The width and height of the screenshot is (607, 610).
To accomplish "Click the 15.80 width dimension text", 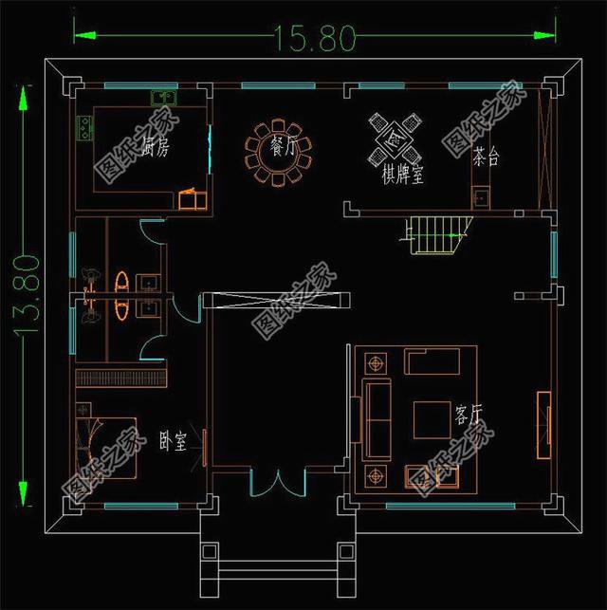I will point(314,38).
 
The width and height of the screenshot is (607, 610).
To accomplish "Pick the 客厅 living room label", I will point(469,415).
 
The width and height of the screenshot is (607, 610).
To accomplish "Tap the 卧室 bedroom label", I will point(172,441).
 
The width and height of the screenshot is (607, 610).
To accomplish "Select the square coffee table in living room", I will point(432,418).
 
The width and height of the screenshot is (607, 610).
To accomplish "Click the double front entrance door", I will point(277,481).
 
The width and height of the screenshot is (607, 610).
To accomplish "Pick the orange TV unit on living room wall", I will point(544,424).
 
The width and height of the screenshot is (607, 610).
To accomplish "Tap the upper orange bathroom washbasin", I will point(122,281).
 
